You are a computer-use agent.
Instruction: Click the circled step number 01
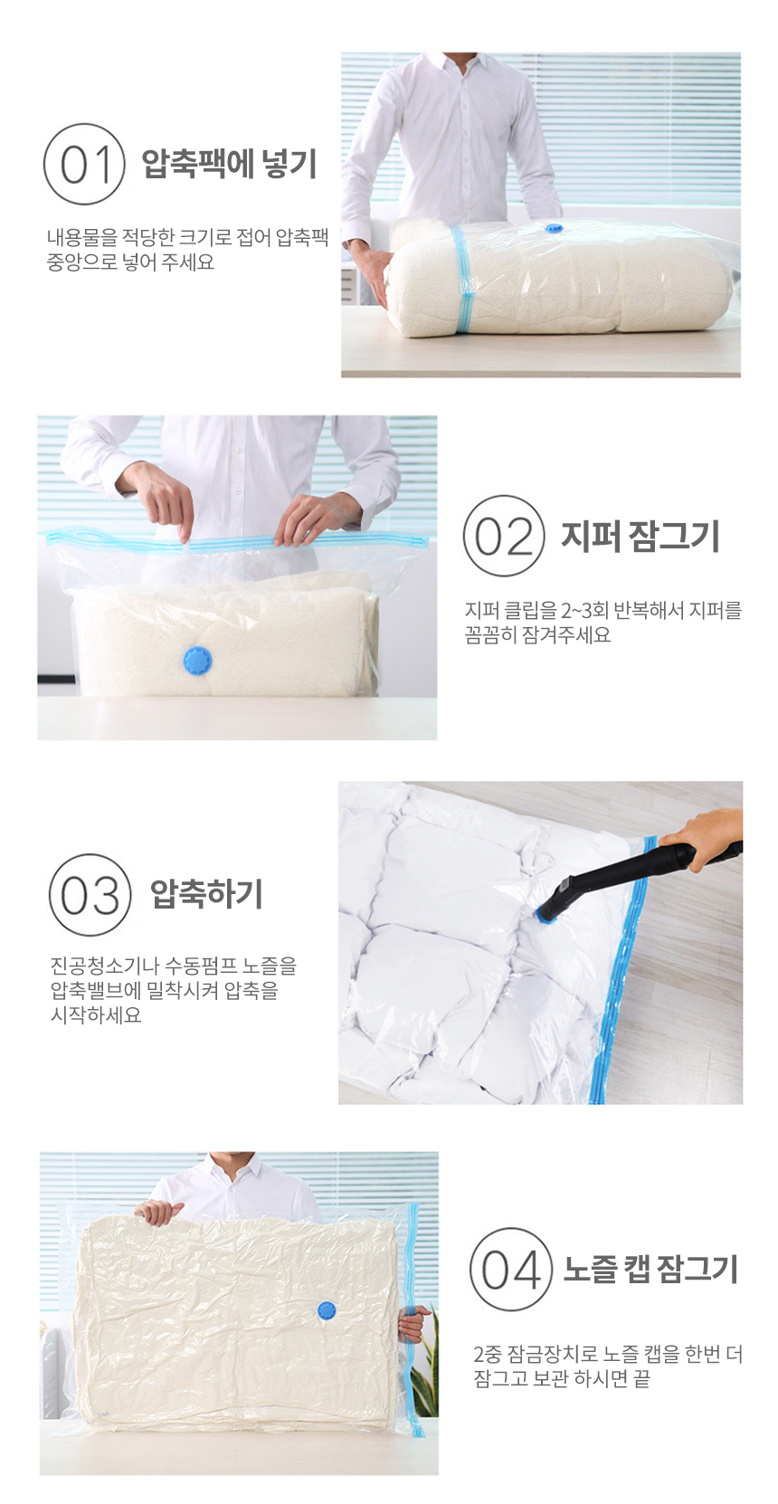(84, 164)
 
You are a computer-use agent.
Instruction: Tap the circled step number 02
(504, 536)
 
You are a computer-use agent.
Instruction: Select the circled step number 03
(90, 895)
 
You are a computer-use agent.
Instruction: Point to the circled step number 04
(511, 1269)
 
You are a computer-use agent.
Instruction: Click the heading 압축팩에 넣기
(229, 164)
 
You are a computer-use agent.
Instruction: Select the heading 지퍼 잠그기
(640, 536)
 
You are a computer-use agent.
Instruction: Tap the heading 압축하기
(207, 894)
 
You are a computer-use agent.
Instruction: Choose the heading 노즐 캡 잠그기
(650, 1269)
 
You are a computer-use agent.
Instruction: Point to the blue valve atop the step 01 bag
(553, 228)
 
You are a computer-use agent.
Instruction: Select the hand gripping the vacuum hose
(702, 832)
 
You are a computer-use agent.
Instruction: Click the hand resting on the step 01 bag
(375, 274)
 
